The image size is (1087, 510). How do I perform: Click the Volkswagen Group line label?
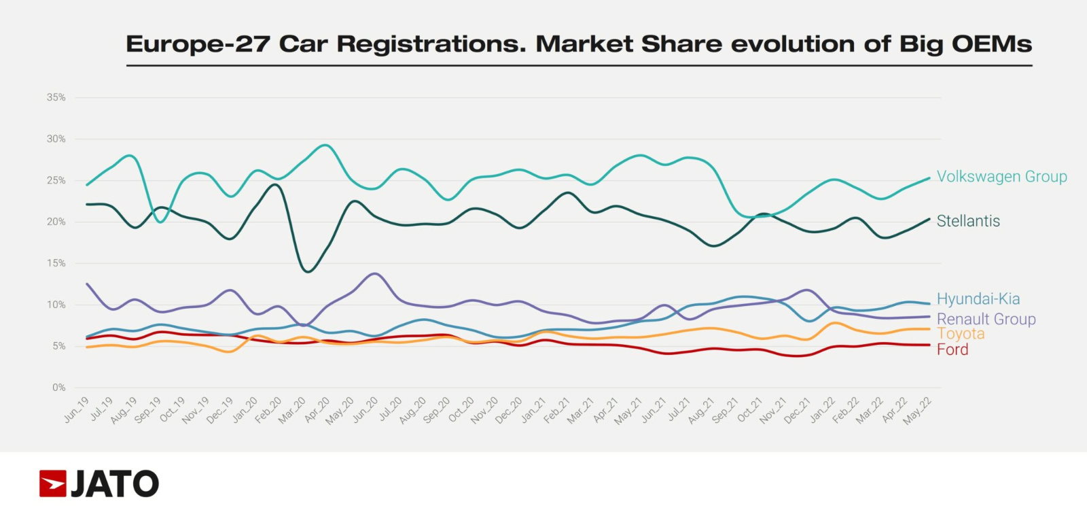point(1001,177)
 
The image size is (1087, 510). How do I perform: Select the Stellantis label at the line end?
point(968,221)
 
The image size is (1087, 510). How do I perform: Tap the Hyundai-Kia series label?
point(978,299)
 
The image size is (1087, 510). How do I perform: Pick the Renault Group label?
point(986,319)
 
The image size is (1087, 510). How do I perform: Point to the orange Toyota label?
point(961,334)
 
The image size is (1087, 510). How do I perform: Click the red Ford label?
point(952,350)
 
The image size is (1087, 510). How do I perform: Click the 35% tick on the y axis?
point(56,97)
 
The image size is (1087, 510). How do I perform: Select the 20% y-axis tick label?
point(56,222)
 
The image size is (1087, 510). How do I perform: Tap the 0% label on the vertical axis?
point(59,388)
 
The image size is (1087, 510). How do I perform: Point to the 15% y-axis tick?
point(56,263)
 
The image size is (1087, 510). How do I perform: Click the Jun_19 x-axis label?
point(77,410)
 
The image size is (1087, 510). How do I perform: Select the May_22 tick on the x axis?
point(917,411)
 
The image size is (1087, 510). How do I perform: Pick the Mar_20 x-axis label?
point(292,411)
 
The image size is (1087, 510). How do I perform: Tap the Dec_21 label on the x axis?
point(797,411)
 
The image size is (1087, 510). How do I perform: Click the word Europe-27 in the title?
point(198,44)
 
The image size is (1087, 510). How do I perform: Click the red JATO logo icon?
point(52,483)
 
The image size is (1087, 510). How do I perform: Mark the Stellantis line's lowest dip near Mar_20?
point(308,272)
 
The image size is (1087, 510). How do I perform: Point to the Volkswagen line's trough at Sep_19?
point(160,222)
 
